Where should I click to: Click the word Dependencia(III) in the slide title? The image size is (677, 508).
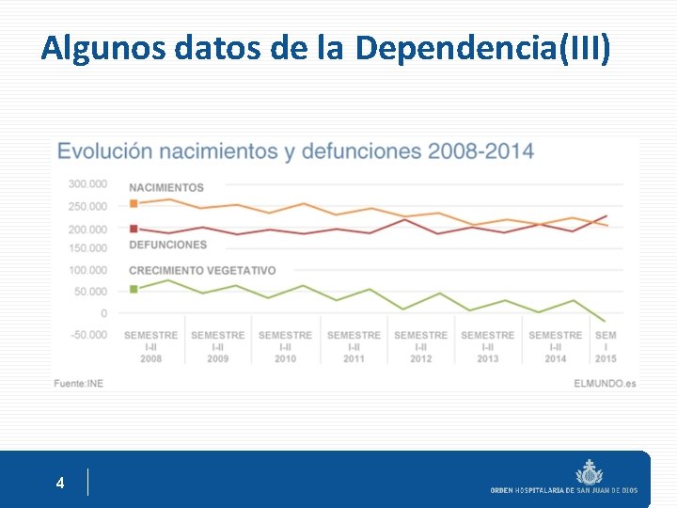pos(482,47)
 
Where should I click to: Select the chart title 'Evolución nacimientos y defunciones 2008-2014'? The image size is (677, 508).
pos(295,151)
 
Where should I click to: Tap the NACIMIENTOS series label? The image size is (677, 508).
pos(166,187)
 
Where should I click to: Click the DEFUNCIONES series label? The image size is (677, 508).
pos(167,245)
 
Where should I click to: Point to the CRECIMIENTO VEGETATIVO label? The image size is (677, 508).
pos(202,270)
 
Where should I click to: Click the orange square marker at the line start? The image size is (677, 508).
pos(134,203)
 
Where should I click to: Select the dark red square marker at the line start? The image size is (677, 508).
pos(134,229)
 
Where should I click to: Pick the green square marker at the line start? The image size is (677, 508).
pos(134,289)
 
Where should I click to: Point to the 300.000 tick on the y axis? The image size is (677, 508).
pos(87,183)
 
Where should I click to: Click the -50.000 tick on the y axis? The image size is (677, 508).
pos(87,334)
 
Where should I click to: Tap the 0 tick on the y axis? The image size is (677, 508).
pos(103,312)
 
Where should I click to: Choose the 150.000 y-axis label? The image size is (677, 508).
pos(87,247)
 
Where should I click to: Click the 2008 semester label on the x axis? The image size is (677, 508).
pos(150,346)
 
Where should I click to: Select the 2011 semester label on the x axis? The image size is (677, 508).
pos(354,346)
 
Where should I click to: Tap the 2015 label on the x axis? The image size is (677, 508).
pos(606,346)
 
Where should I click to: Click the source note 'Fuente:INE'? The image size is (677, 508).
pos(78,383)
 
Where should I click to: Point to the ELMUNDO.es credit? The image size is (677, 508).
pos(605,383)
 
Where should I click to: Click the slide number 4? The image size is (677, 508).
pos(60,484)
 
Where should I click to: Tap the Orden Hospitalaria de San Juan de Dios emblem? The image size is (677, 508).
pos(590,470)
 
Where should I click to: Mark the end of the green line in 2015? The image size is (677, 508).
pos(605,322)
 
